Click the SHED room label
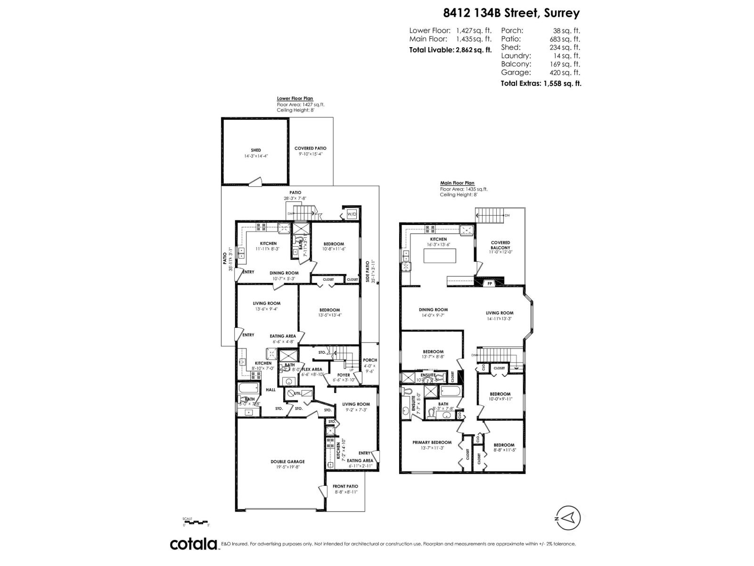(256, 150)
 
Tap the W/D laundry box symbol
(352, 214)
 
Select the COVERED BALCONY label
(500, 245)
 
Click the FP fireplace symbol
(490, 283)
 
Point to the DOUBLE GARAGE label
(287, 462)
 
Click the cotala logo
(193, 544)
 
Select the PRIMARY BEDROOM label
(432, 442)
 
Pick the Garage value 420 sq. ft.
(565, 73)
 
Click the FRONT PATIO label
(345, 486)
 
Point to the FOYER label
(344, 375)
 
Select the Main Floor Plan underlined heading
(457, 183)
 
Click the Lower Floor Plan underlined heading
(295, 99)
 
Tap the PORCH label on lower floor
(370, 360)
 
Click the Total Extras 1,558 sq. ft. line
(541, 83)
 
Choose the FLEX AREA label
(311, 369)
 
